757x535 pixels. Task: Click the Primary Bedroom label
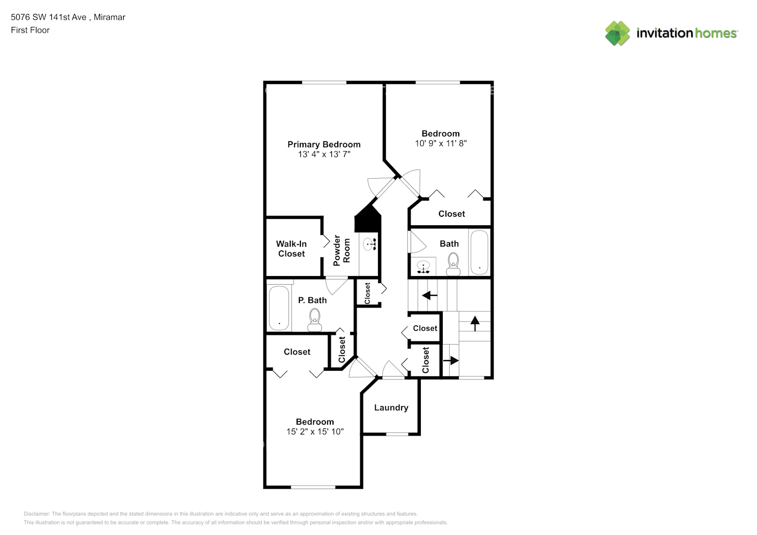tap(324, 144)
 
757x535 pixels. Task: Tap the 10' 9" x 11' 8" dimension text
tap(441, 143)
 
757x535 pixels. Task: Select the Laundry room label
tap(391, 408)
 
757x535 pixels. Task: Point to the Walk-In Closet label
tap(291, 249)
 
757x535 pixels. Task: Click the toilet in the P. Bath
tap(315, 321)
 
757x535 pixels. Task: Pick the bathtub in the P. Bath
tap(279, 308)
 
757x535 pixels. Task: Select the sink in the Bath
tap(423, 266)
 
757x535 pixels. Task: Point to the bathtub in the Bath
tap(479, 253)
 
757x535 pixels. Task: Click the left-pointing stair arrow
tap(430, 295)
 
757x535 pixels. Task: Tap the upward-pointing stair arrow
tap(475, 323)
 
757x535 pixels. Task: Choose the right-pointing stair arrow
tap(451, 361)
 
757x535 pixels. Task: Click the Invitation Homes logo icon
tap(617, 33)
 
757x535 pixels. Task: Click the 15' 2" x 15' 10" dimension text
tap(315, 431)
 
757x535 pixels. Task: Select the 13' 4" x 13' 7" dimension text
tap(324, 155)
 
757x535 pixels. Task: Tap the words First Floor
tap(30, 30)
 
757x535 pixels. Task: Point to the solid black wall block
tap(368, 219)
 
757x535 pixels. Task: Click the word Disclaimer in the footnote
tap(37, 514)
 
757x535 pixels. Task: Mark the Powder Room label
tap(342, 250)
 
